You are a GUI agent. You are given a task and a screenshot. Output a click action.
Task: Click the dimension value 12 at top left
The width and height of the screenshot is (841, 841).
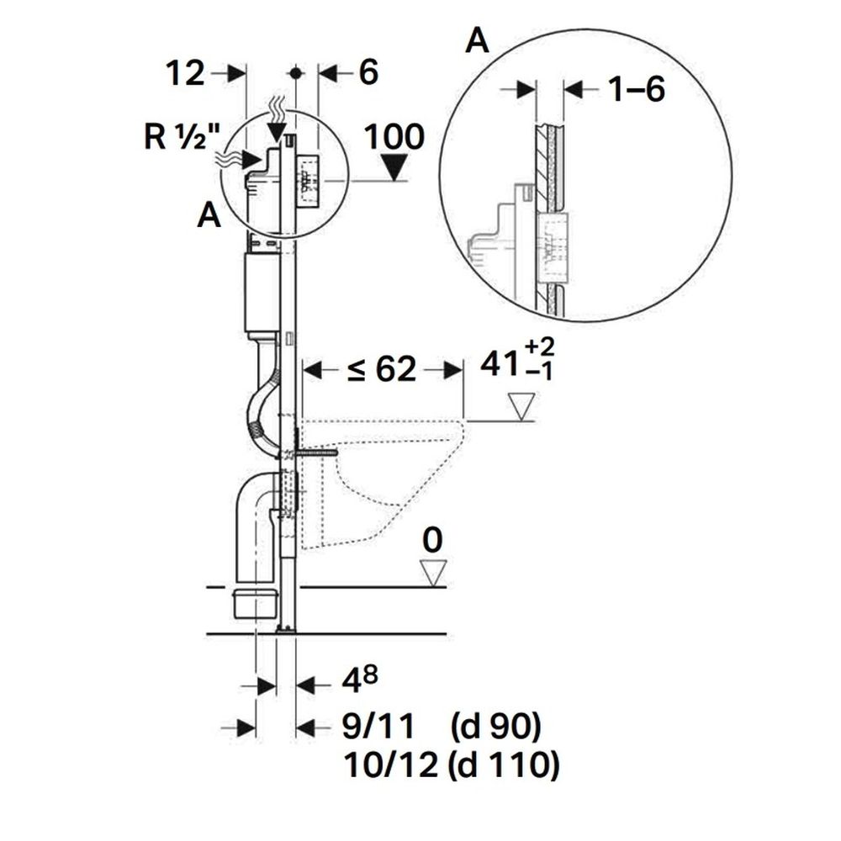[x=186, y=74]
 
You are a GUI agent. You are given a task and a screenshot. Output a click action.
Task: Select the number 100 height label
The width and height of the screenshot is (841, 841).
[x=395, y=136]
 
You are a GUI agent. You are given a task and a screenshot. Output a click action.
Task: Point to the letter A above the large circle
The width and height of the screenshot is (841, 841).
[x=477, y=41]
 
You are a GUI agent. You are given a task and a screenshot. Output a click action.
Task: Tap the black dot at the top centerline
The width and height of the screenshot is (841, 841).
[x=295, y=73]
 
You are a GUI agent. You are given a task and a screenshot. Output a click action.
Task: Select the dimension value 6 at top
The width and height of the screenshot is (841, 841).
[x=368, y=74]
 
